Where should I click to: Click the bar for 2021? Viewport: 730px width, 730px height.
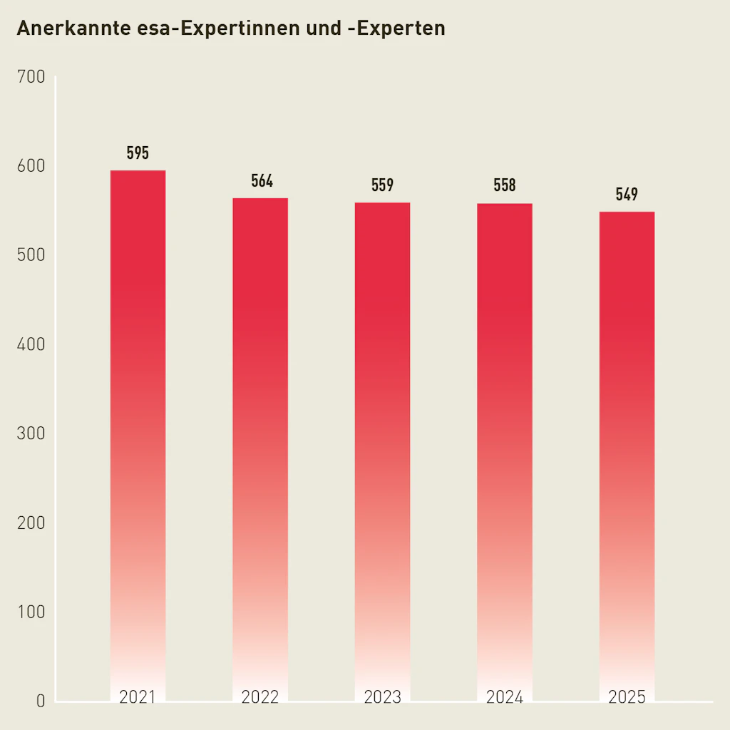[138, 428]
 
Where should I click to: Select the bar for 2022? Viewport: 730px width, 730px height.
[260, 442]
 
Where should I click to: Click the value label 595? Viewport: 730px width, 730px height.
[138, 153]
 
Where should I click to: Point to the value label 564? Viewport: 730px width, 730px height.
[262, 181]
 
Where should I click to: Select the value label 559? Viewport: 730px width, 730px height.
[382, 185]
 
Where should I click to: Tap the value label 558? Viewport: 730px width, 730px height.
[505, 186]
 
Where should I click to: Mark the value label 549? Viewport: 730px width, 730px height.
[627, 195]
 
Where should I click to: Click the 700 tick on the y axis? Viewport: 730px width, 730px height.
[30, 76]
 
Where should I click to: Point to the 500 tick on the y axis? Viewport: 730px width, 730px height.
[30, 255]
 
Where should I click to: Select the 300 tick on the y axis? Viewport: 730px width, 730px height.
[30, 433]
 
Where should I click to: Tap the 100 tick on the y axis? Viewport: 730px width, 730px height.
[30, 612]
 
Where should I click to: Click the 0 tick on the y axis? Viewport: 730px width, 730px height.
[40, 701]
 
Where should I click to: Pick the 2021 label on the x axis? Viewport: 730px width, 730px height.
[138, 697]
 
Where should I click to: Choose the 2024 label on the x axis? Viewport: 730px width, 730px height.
[505, 697]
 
